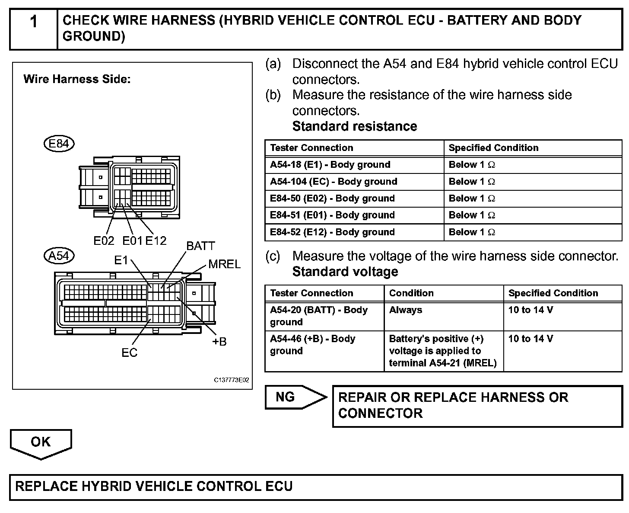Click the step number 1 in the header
click(34, 22)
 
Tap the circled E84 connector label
click(59, 143)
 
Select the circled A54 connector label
click(59, 256)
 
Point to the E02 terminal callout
click(104, 241)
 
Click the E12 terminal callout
click(156, 241)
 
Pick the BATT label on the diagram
click(200, 246)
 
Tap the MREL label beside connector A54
click(224, 264)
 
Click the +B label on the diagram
click(219, 342)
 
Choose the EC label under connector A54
click(129, 353)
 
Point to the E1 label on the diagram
click(121, 260)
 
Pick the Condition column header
click(411, 293)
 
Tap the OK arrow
click(41, 443)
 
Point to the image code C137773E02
click(232, 380)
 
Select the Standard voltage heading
click(345, 272)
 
